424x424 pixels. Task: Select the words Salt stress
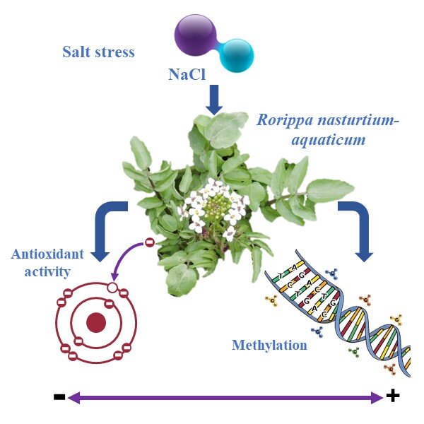pyautogui.click(x=98, y=52)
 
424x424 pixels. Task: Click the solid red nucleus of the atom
pyautogui.click(x=95, y=323)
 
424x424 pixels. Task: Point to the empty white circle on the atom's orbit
pyautogui.click(x=112, y=288)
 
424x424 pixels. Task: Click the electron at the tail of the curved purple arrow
pyautogui.click(x=150, y=245)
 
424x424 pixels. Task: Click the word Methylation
pyautogui.click(x=269, y=346)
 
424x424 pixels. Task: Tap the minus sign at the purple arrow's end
pyautogui.click(x=59, y=398)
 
